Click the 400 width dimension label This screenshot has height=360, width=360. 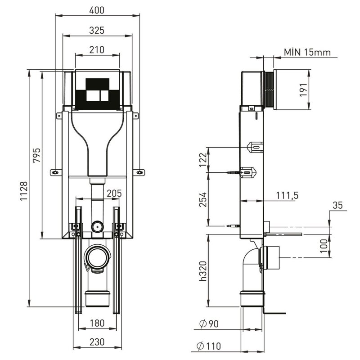97,10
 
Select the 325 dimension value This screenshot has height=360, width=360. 97,31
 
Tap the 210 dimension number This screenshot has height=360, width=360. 97,50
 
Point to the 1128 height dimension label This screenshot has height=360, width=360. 24,191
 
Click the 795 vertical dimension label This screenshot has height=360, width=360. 37,155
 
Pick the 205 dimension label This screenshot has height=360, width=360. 114,193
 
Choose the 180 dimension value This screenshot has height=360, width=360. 97,323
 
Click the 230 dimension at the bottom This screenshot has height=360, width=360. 97,342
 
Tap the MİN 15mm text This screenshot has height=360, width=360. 307,52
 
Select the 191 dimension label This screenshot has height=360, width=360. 303,90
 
